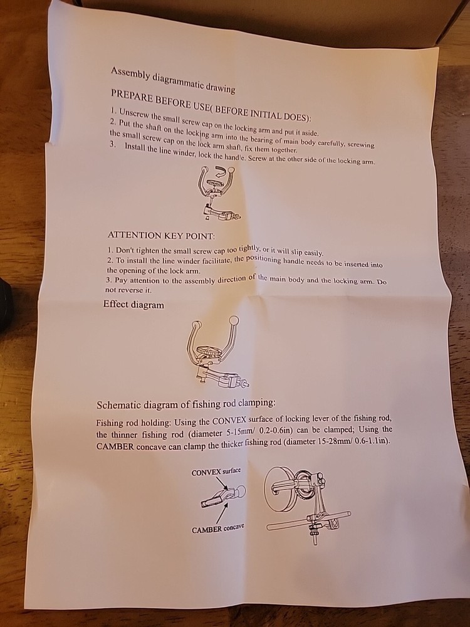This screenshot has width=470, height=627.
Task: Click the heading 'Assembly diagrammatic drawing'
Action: click(x=173, y=80)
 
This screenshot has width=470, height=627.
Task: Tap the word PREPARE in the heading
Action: click(x=132, y=97)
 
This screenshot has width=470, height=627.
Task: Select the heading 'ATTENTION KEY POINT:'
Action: click(x=161, y=236)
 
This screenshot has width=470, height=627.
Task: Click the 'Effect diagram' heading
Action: click(x=133, y=305)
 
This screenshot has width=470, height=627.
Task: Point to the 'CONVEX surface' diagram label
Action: click(x=216, y=472)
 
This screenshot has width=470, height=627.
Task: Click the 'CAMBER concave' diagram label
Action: click(x=218, y=529)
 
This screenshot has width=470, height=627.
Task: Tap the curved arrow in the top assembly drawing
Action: click(x=221, y=173)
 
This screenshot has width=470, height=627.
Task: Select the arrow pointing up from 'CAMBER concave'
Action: click(x=222, y=513)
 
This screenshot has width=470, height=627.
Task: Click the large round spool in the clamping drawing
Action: click(x=279, y=488)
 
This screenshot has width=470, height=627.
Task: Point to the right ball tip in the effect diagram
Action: click(x=234, y=320)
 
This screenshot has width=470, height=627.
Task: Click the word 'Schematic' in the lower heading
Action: click(x=118, y=405)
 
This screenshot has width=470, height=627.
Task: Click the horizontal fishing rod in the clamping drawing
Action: click(x=308, y=520)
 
